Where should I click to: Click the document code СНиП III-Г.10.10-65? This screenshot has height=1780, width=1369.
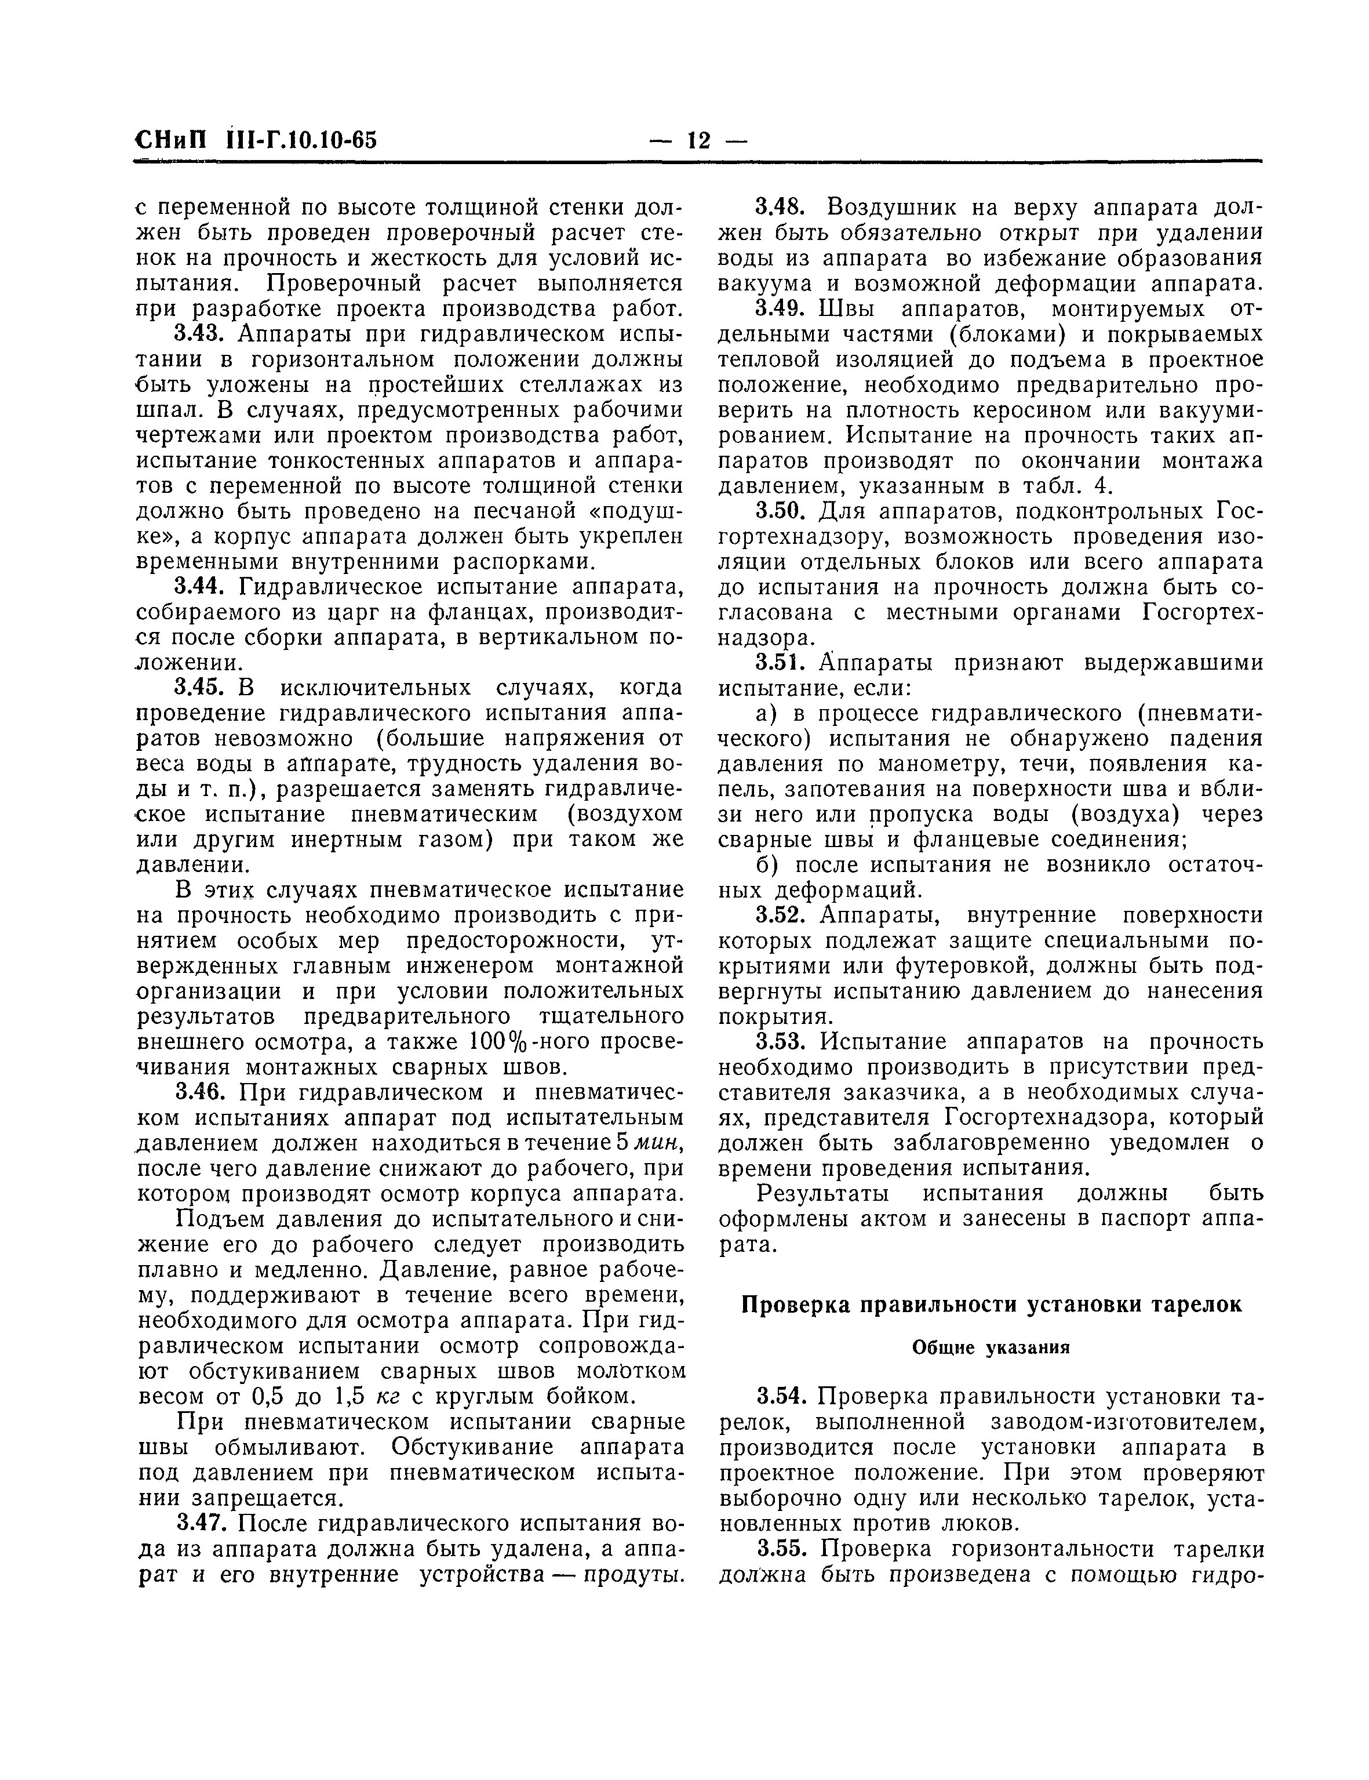pos(256,140)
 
